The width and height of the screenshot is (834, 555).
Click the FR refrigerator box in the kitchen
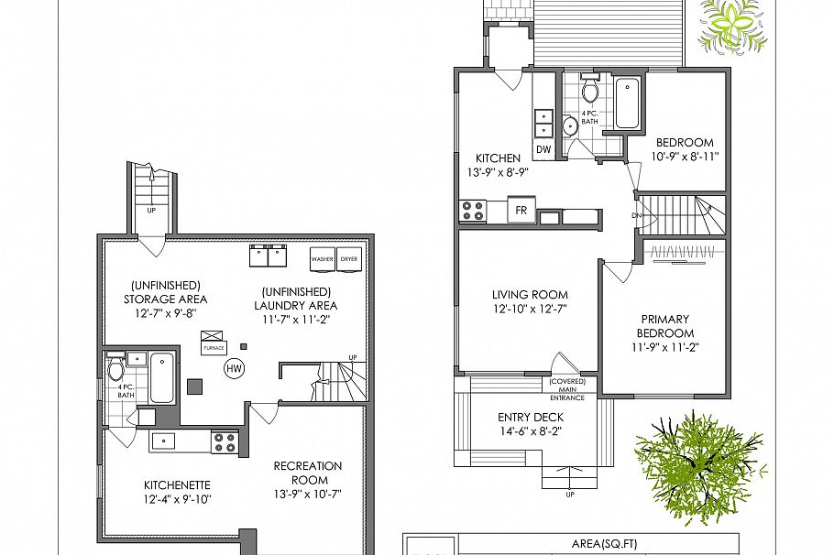coord(521,211)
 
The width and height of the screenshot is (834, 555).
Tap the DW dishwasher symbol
coord(543,149)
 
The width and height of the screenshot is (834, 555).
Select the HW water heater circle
coord(235,367)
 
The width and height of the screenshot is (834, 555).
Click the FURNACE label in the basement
coord(214,348)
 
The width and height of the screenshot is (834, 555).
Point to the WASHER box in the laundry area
coord(323,259)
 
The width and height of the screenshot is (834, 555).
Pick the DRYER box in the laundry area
coord(350,259)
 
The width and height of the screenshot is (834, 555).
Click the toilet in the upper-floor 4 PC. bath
coord(590,92)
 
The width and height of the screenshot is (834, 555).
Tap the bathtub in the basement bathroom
coord(161,378)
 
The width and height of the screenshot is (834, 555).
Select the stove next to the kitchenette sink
coord(225,441)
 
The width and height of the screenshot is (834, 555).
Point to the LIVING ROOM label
coord(530,295)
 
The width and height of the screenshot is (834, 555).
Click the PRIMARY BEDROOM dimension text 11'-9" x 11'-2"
coord(664,348)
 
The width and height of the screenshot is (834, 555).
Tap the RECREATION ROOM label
coord(308,473)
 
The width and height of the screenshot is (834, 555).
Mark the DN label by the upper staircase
coord(637,216)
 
